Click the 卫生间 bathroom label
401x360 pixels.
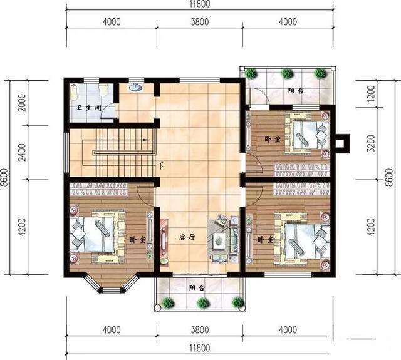click(x=89, y=108)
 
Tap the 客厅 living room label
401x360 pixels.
click(x=187, y=237)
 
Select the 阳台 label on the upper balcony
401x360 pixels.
click(x=296, y=91)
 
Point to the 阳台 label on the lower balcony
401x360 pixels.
click(x=197, y=288)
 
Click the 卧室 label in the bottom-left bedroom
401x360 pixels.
click(x=138, y=240)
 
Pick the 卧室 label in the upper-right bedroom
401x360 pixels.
click(x=273, y=139)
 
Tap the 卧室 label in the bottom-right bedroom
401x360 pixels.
click(x=266, y=240)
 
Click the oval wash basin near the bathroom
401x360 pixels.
click(x=135, y=88)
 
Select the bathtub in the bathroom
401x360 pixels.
click(x=74, y=92)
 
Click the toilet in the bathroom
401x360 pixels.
click(x=103, y=90)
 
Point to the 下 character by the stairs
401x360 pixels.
click(x=160, y=166)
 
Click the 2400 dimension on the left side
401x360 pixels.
click(x=23, y=153)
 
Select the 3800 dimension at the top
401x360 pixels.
click(x=200, y=22)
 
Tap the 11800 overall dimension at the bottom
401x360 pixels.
click(x=200, y=348)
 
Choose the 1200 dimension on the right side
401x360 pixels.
click(x=371, y=93)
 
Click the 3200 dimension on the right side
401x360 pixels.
click(x=371, y=143)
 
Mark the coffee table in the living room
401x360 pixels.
click(x=218, y=240)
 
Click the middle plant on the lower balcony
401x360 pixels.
click(x=203, y=303)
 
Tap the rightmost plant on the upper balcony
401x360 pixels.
click(x=320, y=73)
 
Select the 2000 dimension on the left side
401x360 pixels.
click(x=23, y=103)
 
